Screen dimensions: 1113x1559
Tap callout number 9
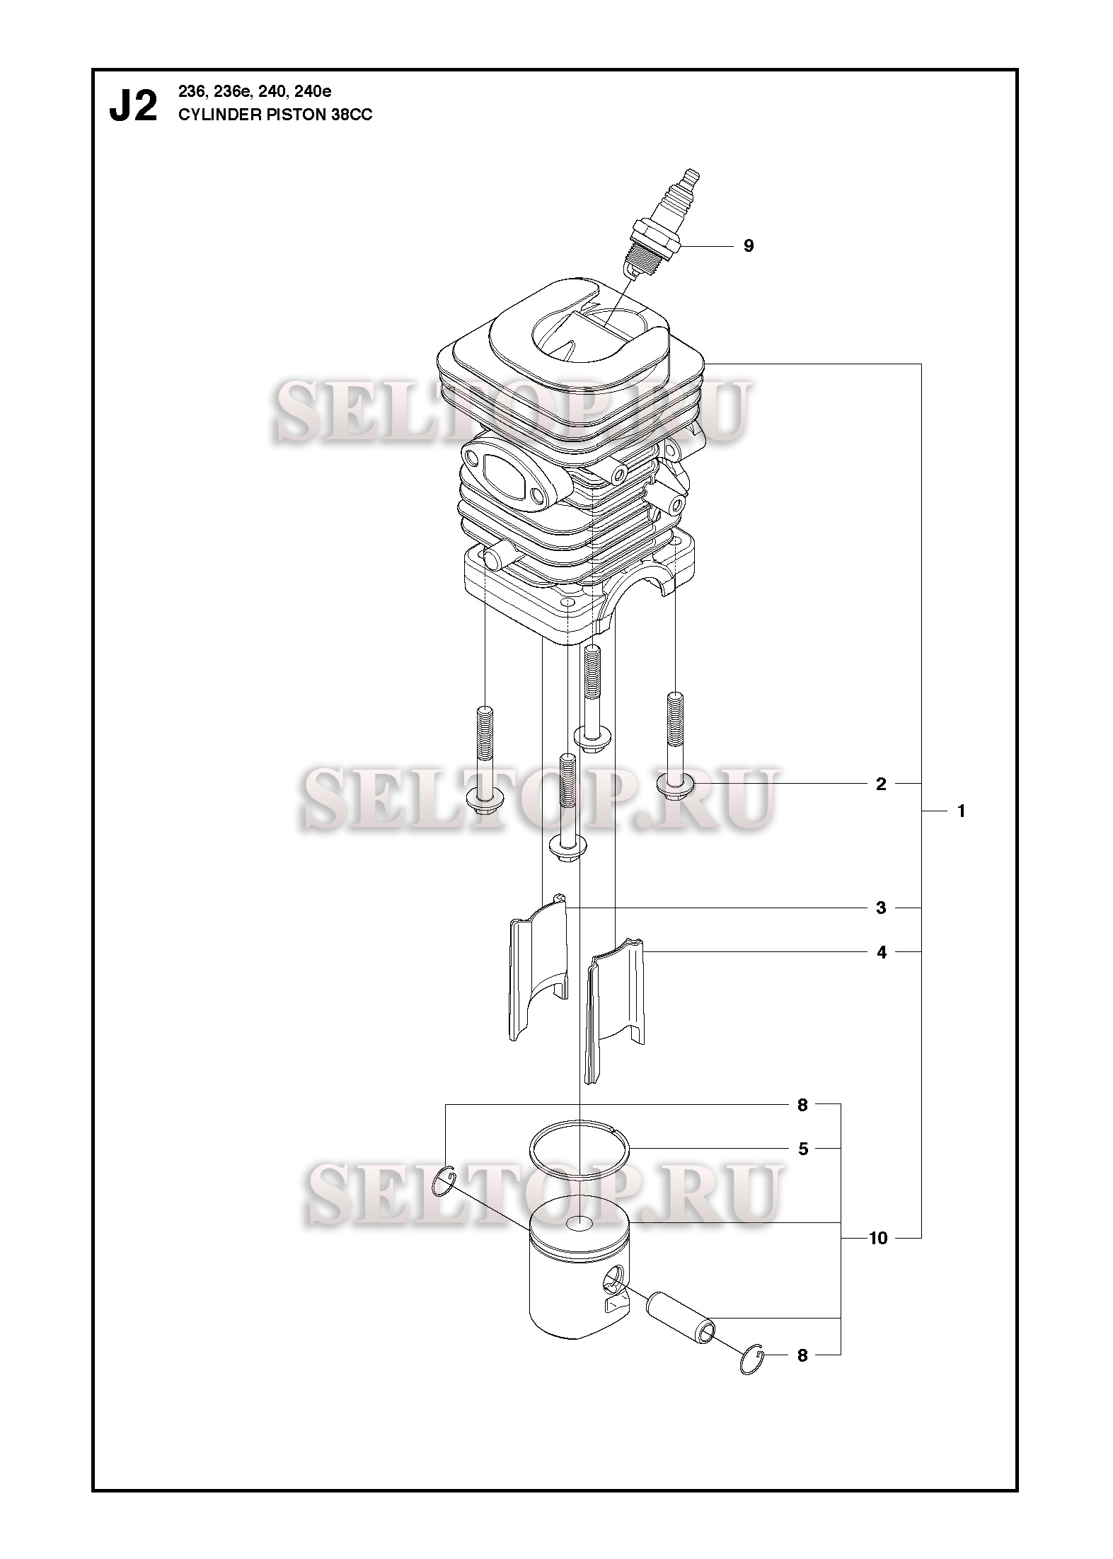tap(749, 246)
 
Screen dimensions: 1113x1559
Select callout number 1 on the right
tap(961, 811)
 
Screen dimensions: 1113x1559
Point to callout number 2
tap(881, 784)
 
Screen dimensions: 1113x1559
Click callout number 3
tap(881, 908)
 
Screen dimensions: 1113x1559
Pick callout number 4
tap(881, 953)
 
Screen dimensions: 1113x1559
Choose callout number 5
tap(803, 1149)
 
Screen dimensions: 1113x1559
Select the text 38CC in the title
tap(352, 115)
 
